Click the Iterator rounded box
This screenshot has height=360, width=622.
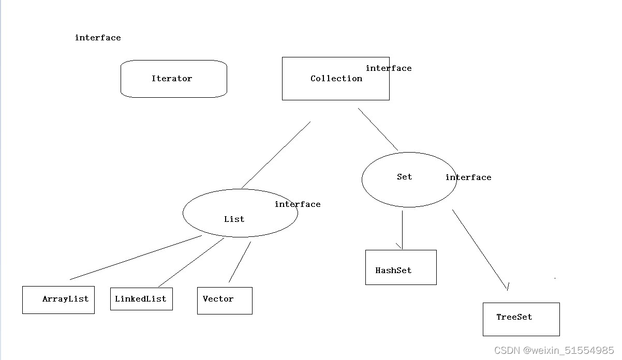173,79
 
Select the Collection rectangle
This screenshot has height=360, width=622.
335,79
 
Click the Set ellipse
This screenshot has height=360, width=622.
408,179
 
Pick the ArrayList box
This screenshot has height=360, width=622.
58,299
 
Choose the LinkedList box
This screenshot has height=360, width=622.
141,299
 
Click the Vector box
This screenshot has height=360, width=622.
224,300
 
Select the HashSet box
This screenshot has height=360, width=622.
401,267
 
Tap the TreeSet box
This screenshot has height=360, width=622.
521,319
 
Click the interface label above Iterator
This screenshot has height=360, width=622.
98,38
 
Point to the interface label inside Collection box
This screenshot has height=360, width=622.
389,68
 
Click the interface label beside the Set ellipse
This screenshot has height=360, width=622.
468,177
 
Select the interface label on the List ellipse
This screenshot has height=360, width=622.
298,204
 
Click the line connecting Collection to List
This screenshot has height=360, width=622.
276,155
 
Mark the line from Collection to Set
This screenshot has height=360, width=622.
378,129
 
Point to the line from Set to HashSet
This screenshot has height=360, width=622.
402,229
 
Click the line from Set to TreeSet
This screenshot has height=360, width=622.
480,249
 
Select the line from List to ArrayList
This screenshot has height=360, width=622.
136,258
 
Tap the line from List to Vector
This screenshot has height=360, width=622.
240,262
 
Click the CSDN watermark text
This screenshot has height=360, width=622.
554,351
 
